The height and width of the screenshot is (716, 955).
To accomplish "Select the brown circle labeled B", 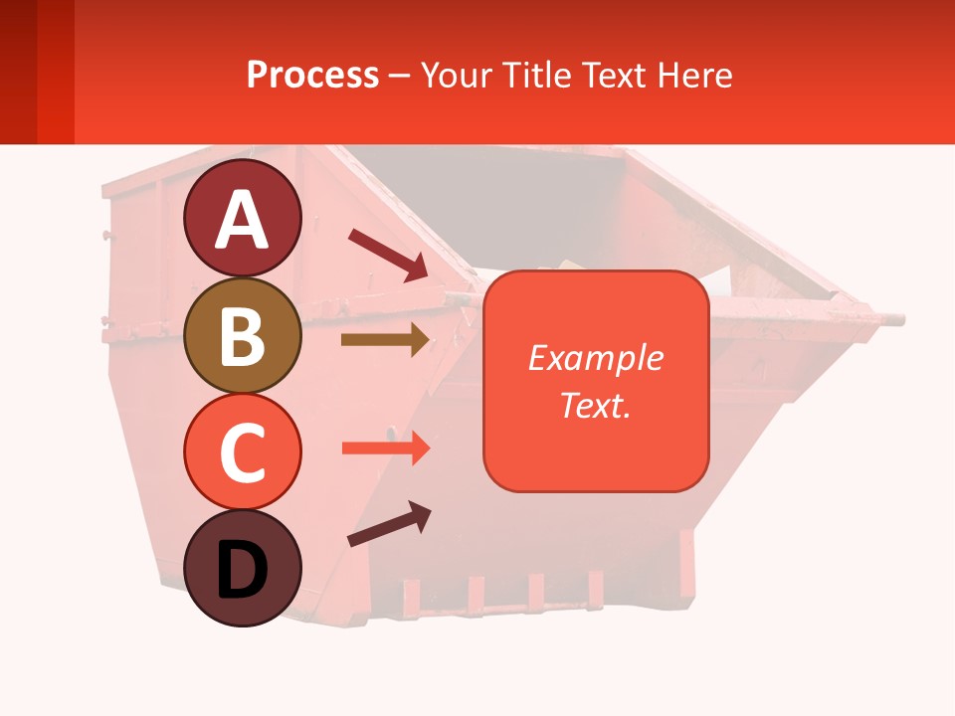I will (242, 335).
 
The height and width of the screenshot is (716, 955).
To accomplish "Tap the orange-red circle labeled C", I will (242, 452).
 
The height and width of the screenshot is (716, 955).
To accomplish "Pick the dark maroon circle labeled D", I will (242, 568).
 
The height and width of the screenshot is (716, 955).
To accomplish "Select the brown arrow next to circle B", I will (386, 340).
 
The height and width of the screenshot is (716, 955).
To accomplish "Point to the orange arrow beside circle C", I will (386, 447).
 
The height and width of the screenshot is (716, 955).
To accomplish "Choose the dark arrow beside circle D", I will (389, 525).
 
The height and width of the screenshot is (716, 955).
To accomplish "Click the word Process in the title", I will (312, 75).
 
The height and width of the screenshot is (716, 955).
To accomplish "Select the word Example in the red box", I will (595, 358).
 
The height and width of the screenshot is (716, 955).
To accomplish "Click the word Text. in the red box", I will (595, 405).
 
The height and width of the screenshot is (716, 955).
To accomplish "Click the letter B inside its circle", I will (242, 337).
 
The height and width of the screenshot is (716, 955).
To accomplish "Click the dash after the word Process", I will (400, 77).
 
